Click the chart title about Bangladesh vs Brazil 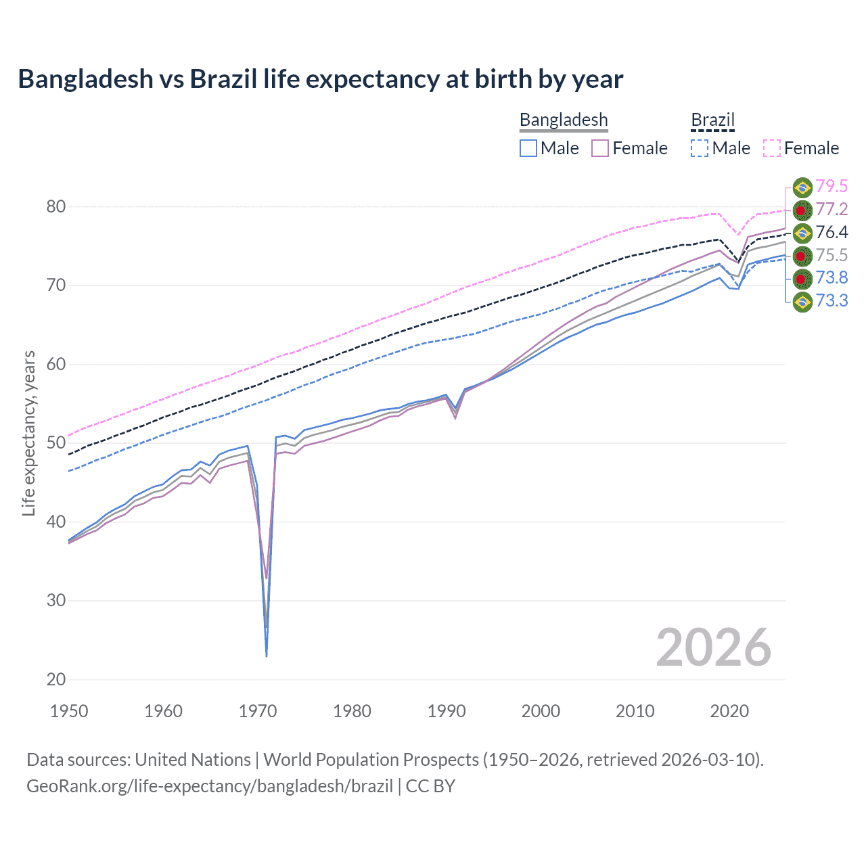click(320, 79)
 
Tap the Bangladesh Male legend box click(528, 148)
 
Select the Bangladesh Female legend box click(600, 148)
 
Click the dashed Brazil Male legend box click(700, 148)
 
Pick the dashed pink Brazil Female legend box click(772, 148)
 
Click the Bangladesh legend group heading click(564, 120)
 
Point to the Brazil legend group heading click(712, 120)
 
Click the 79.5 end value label click(831, 187)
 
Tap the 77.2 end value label click(831, 210)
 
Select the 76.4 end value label click(831, 233)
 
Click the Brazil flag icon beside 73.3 click(802, 301)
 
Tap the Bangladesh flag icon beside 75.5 click(802, 256)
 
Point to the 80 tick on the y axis click(56, 206)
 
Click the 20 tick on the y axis click(56, 679)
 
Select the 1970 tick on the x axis click(258, 711)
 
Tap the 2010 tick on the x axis click(635, 711)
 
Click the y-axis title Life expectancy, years click(29, 433)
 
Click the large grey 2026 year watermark click(713, 647)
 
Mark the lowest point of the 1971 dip click(267, 656)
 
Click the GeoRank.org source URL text click(210, 785)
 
